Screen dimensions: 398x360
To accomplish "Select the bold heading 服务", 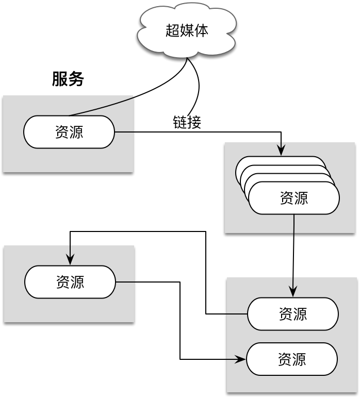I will [68, 79].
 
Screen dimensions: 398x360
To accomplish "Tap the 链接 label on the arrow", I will [187, 122].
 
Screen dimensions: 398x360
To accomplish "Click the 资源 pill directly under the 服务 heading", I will [69, 132].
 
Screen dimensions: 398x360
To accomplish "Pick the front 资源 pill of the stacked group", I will [293, 198].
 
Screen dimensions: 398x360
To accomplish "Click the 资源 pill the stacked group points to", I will [292, 313].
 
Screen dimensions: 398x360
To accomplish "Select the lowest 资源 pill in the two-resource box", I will [291, 359].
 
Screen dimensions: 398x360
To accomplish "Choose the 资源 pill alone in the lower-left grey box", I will [70, 282].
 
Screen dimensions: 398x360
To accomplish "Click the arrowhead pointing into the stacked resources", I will [281, 151].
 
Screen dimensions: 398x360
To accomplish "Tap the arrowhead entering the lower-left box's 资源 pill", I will [70, 260].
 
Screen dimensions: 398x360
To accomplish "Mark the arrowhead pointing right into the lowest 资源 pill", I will [241, 359].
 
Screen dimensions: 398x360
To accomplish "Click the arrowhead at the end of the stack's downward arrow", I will [293, 292].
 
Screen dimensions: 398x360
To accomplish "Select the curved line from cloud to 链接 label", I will [198, 88].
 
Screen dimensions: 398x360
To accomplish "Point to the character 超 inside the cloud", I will [172, 30].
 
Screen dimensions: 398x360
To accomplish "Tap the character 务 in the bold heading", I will [76, 79].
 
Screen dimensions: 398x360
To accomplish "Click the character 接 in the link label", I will [194, 122].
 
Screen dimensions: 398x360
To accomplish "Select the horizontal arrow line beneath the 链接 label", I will [206, 132].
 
